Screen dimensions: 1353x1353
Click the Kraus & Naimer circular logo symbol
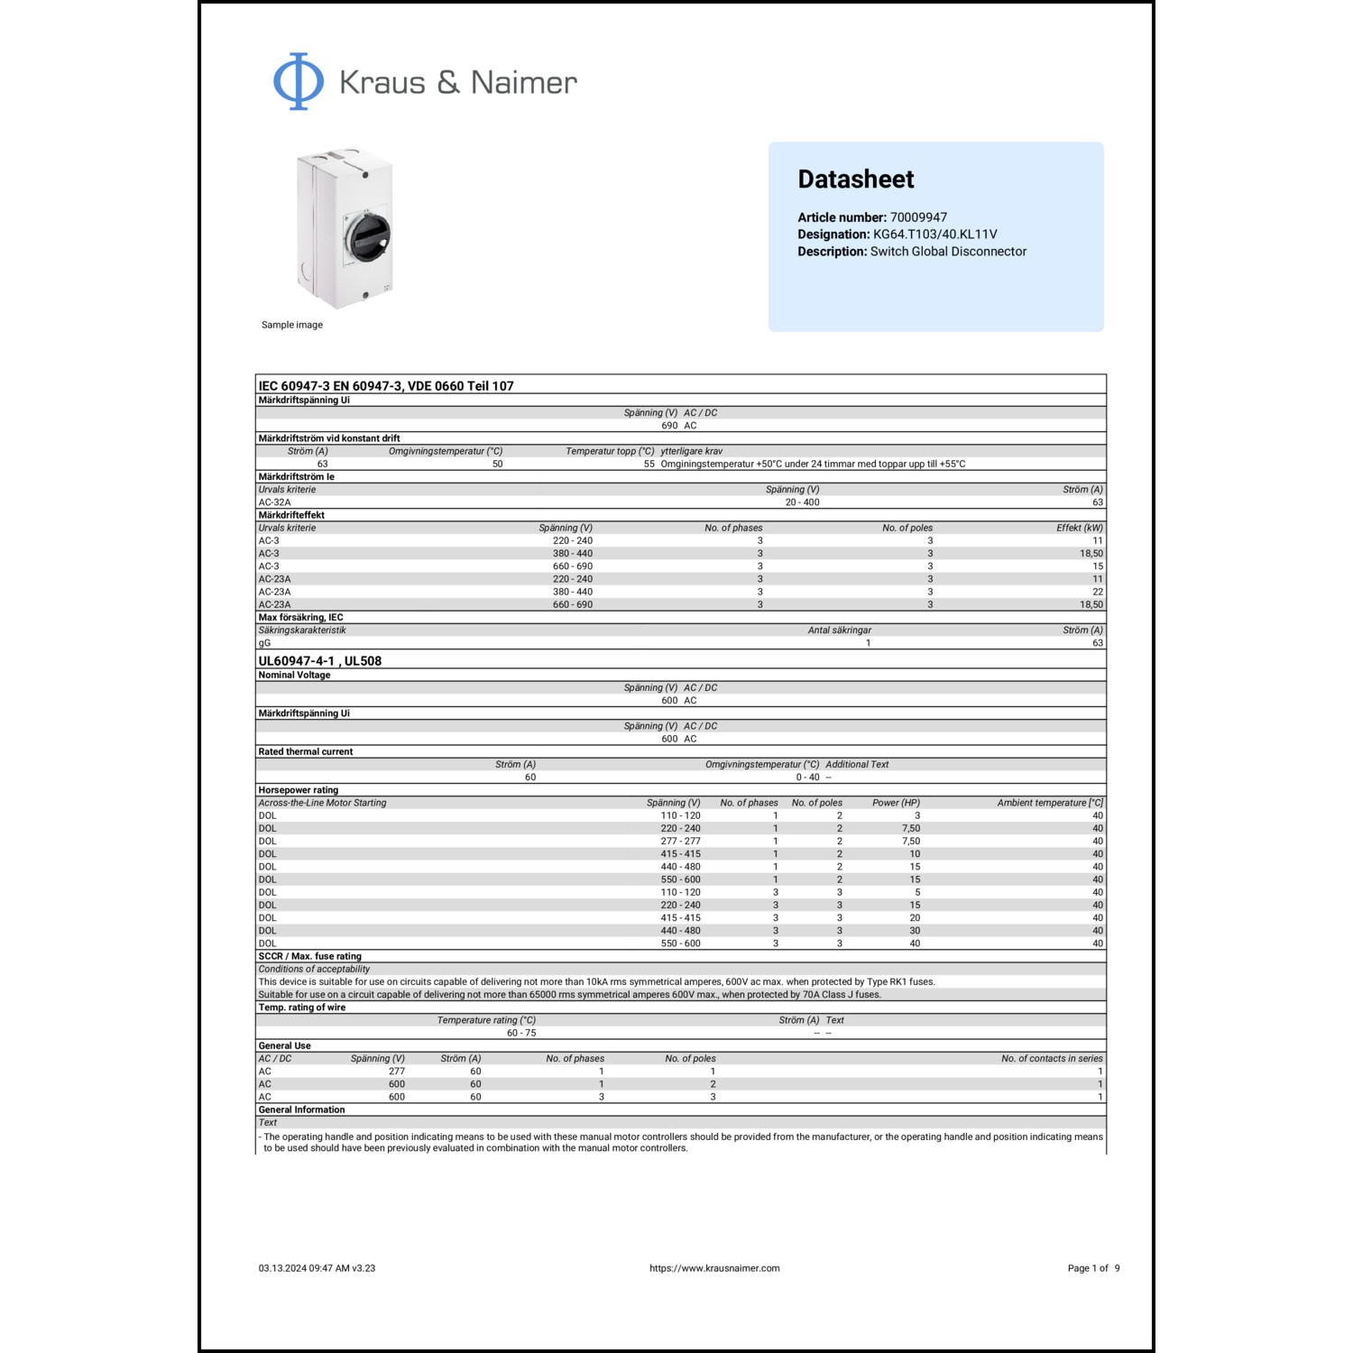299,82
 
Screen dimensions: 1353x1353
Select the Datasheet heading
855,179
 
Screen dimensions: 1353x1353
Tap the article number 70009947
918,217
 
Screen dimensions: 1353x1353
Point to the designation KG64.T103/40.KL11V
934,235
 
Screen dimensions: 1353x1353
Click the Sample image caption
291,325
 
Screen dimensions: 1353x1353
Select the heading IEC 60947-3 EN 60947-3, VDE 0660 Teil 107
385,386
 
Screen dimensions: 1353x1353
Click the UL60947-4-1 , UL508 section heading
319,661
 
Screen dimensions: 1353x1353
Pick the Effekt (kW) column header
1079,529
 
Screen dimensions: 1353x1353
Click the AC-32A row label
274,502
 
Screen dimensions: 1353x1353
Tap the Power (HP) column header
896,803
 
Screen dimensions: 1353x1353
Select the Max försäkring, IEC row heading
300,618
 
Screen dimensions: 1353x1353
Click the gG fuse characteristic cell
264,643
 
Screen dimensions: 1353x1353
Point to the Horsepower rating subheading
298,790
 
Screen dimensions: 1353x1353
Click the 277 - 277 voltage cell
680,842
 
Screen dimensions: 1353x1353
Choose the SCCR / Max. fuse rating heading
309,956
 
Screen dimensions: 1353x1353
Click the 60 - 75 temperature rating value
521,1033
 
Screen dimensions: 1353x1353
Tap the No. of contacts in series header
1052,1059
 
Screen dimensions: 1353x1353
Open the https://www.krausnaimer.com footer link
714,1268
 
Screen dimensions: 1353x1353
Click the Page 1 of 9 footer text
1093,1268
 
